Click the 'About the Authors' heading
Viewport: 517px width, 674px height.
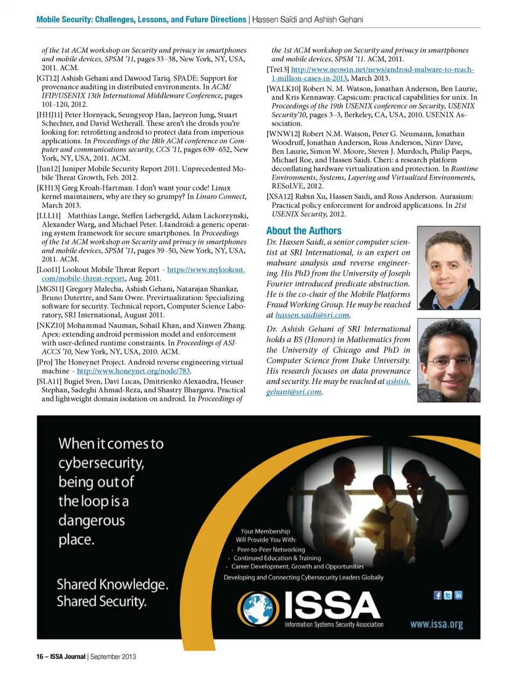coord(304,231)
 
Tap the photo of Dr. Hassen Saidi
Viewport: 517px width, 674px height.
coord(448,268)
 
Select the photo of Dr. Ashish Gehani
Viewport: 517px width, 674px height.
coord(448,360)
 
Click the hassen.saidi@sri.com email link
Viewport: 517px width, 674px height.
coord(312,315)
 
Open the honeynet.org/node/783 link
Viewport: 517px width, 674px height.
coord(134,371)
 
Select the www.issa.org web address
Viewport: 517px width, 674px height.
coord(436,624)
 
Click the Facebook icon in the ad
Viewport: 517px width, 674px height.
coord(438,595)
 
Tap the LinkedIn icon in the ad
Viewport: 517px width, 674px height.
coord(458,595)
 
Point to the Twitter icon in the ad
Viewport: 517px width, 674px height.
coord(448,595)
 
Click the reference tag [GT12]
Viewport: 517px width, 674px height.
coord(47,78)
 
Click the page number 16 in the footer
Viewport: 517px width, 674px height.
coord(40,656)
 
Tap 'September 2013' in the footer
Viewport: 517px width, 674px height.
coord(113,656)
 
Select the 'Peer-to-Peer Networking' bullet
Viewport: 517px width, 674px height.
coord(271,550)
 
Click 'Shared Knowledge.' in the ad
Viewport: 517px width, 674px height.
coord(113,584)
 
